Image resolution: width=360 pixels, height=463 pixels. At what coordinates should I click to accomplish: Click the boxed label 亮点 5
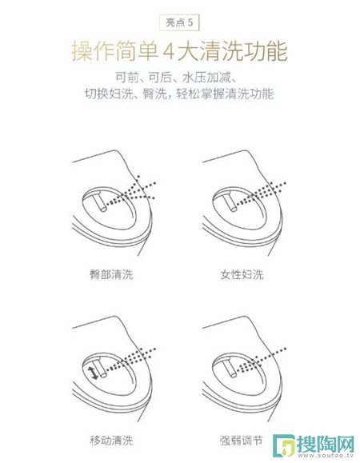click(x=179, y=22)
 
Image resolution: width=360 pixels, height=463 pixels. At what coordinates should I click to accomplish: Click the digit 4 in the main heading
click(x=168, y=51)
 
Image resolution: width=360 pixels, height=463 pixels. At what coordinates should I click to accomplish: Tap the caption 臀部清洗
click(x=111, y=274)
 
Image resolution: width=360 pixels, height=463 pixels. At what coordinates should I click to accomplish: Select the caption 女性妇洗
click(x=242, y=274)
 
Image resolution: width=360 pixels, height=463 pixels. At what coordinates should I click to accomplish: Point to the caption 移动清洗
click(x=111, y=441)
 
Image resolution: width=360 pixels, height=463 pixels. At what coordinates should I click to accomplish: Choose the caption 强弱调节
click(x=242, y=441)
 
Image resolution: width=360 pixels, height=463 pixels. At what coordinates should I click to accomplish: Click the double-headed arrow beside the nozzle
click(x=94, y=373)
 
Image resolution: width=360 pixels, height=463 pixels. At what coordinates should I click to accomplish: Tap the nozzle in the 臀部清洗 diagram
click(x=99, y=202)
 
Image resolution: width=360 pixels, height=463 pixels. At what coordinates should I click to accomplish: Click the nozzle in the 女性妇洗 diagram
click(x=230, y=202)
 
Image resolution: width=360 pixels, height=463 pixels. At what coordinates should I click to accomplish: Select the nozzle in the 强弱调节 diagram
click(x=230, y=367)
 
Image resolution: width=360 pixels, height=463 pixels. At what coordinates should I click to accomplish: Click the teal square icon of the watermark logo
click(x=284, y=445)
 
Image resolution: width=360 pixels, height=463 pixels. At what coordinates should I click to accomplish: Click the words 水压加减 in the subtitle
click(x=206, y=78)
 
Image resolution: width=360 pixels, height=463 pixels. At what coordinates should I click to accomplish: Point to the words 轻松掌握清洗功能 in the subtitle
click(x=225, y=94)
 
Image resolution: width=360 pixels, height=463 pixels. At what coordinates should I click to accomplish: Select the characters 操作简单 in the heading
click(x=114, y=51)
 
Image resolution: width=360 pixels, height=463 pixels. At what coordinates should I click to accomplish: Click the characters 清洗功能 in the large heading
click(x=244, y=51)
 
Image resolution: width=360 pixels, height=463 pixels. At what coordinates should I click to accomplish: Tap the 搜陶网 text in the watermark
click(x=326, y=444)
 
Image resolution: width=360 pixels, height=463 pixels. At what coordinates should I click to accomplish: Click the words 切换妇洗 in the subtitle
click(x=109, y=94)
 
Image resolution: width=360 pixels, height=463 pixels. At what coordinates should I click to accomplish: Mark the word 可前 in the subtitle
click(x=126, y=78)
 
